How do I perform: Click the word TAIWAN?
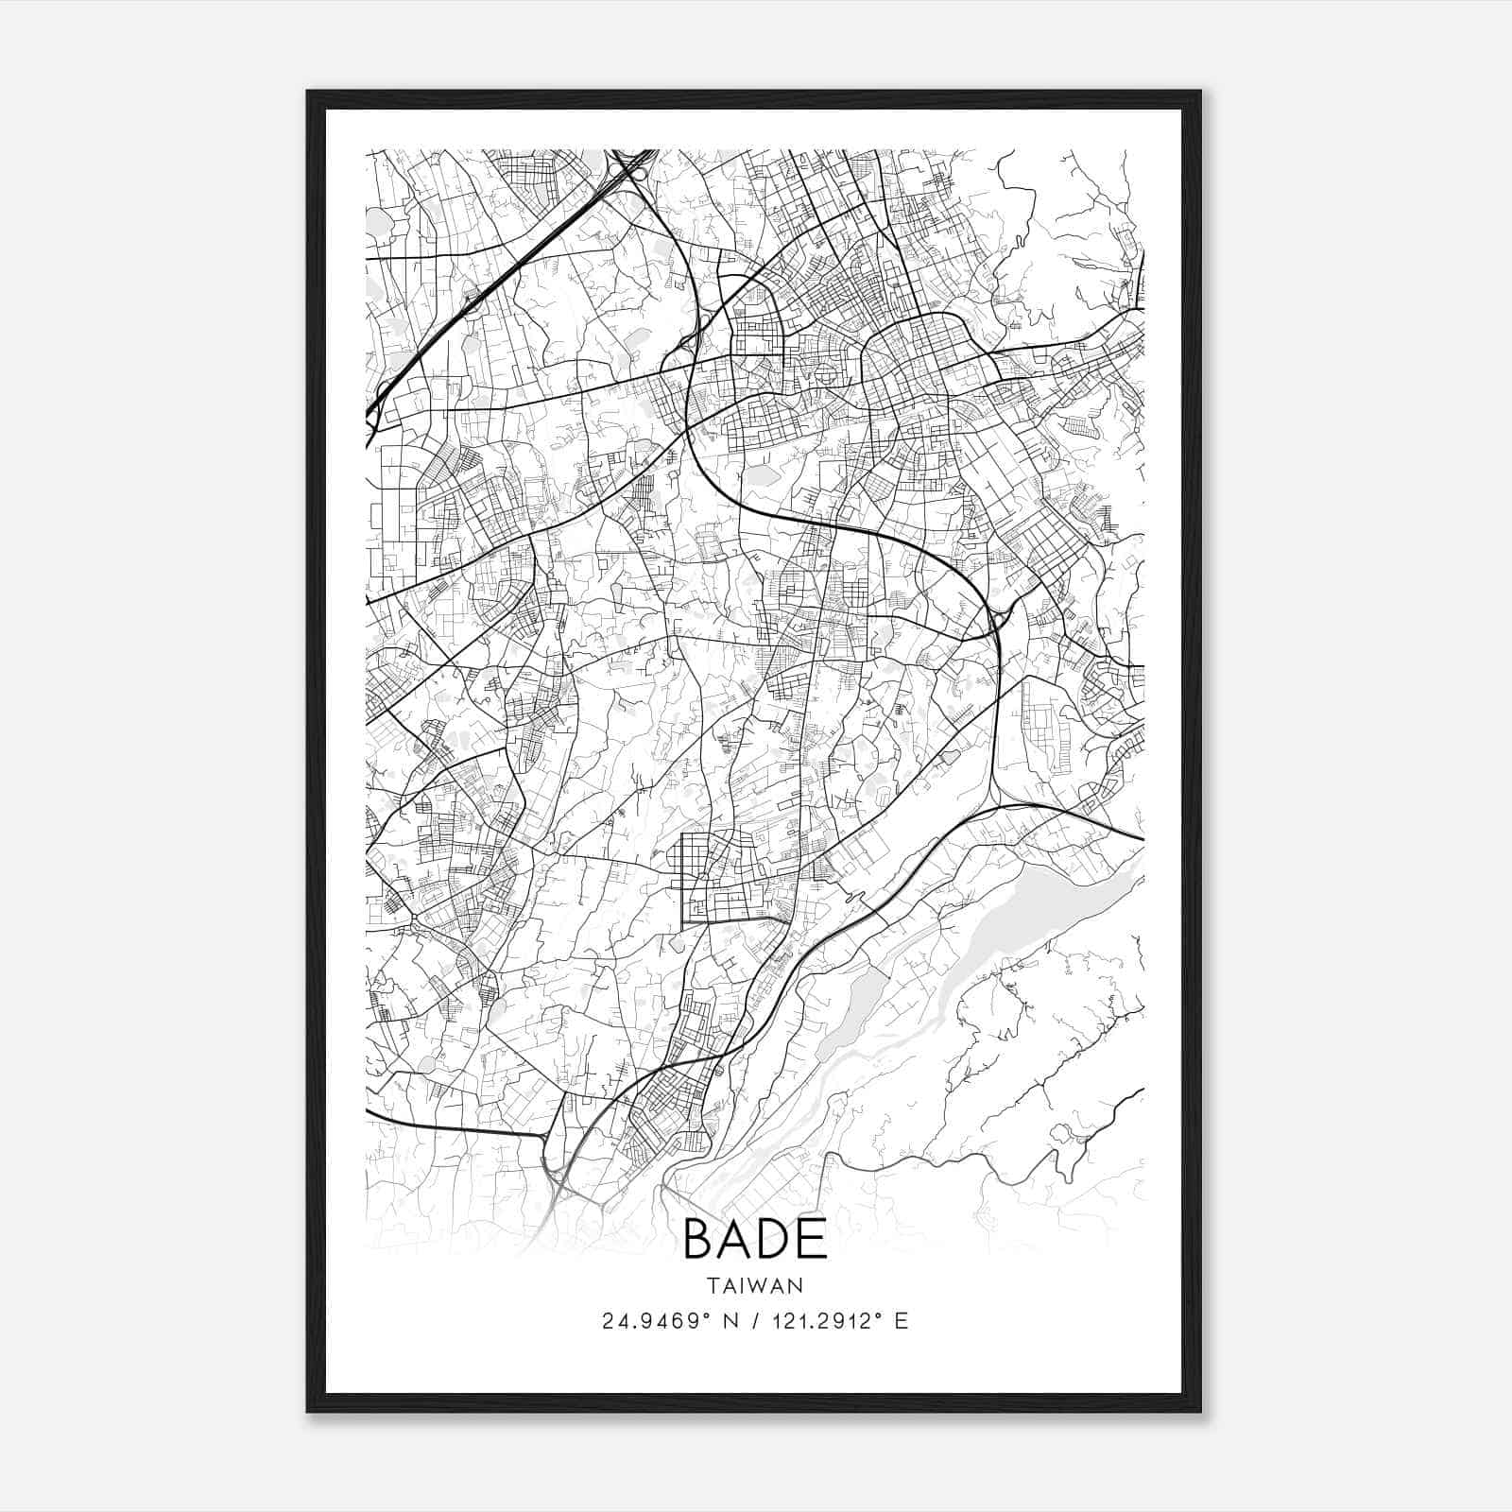tap(754, 1285)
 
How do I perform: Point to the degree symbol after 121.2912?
tap(881, 1314)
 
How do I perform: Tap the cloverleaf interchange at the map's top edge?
tap(631, 167)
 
